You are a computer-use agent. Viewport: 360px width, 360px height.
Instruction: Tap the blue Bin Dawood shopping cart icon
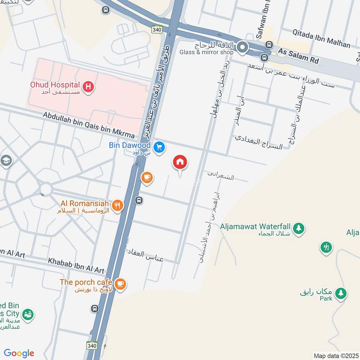point(158,147)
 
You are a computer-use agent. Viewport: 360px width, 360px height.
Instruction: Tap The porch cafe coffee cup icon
point(120,283)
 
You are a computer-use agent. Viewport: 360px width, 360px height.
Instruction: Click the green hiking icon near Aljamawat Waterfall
point(326,247)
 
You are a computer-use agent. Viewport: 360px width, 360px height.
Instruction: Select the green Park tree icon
point(342,293)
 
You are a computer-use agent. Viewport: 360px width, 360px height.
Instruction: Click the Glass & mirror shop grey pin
point(243,47)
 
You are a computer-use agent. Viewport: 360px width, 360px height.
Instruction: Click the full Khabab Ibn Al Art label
point(76,266)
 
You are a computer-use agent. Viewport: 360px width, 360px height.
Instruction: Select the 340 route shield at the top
point(157,29)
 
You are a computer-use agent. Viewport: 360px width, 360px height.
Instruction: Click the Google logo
point(19,353)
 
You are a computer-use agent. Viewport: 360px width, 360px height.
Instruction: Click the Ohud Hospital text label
point(55,85)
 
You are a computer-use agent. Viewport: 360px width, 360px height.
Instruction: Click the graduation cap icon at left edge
point(5,161)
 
